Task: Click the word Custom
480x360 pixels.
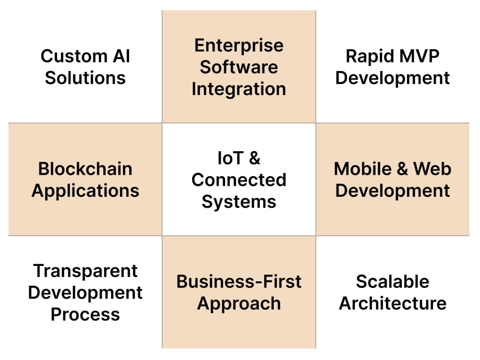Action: (x=74, y=56)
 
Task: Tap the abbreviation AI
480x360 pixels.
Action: (x=121, y=56)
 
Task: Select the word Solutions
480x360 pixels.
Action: (x=85, y=78)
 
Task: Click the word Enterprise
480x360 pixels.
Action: (x=239, y=45)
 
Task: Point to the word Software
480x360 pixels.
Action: (x=239, y=67)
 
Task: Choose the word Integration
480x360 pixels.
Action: (x=239, y=89)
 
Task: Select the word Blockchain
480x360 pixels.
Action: (x=85, y=168)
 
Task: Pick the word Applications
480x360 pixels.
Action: (x=85, y=191)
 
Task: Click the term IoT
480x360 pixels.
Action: (x=230, y=158)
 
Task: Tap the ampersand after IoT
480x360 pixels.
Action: (x=255, y=158)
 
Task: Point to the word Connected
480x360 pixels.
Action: (x=239, y=180)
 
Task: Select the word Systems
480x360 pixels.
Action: (x=239, y=202)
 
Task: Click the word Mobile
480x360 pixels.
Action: (x=363, y=168)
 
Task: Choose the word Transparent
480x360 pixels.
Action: (x=85, y=271)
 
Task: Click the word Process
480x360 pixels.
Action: (x=85, y=314)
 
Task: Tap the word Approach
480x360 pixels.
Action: (x=239, y=304)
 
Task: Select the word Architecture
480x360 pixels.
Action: (x=393, y=303)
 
